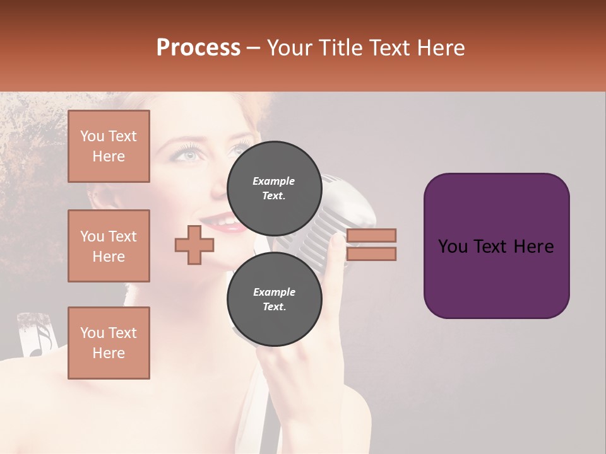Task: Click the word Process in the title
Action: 198,48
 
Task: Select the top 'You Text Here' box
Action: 109,146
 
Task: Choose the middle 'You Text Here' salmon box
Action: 109,246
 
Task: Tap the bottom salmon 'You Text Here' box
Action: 109,343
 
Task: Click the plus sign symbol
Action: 194,245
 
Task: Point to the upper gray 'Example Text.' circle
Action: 274,188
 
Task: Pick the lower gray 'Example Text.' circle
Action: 274,299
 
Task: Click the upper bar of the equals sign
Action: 371,235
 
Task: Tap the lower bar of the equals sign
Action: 371,253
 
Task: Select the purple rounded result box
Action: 496,245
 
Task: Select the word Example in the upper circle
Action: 274,181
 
